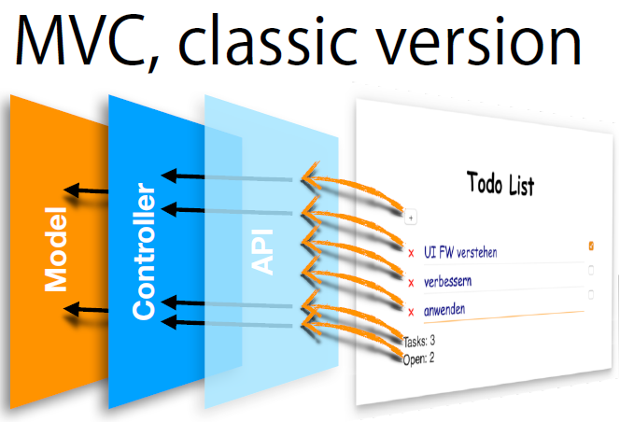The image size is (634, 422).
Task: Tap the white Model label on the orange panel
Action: pos(57,251)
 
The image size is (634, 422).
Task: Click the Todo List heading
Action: pos(500,184)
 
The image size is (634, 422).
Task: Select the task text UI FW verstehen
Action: pos(460,252)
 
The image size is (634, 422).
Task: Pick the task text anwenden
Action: pos(444,309)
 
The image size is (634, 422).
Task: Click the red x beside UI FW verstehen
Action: pos(411,253)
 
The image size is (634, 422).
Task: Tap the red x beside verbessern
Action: pos(411,282)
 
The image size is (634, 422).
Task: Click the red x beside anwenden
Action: pos(411,311)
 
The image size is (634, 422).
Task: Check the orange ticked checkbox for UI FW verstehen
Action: pos(591,246)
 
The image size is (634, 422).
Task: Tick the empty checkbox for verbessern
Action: pos(590,271)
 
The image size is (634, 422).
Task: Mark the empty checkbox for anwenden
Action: pos(590,294)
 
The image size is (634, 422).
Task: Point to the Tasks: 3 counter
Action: pos(420,341)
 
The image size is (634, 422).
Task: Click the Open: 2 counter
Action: pos(418,357)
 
